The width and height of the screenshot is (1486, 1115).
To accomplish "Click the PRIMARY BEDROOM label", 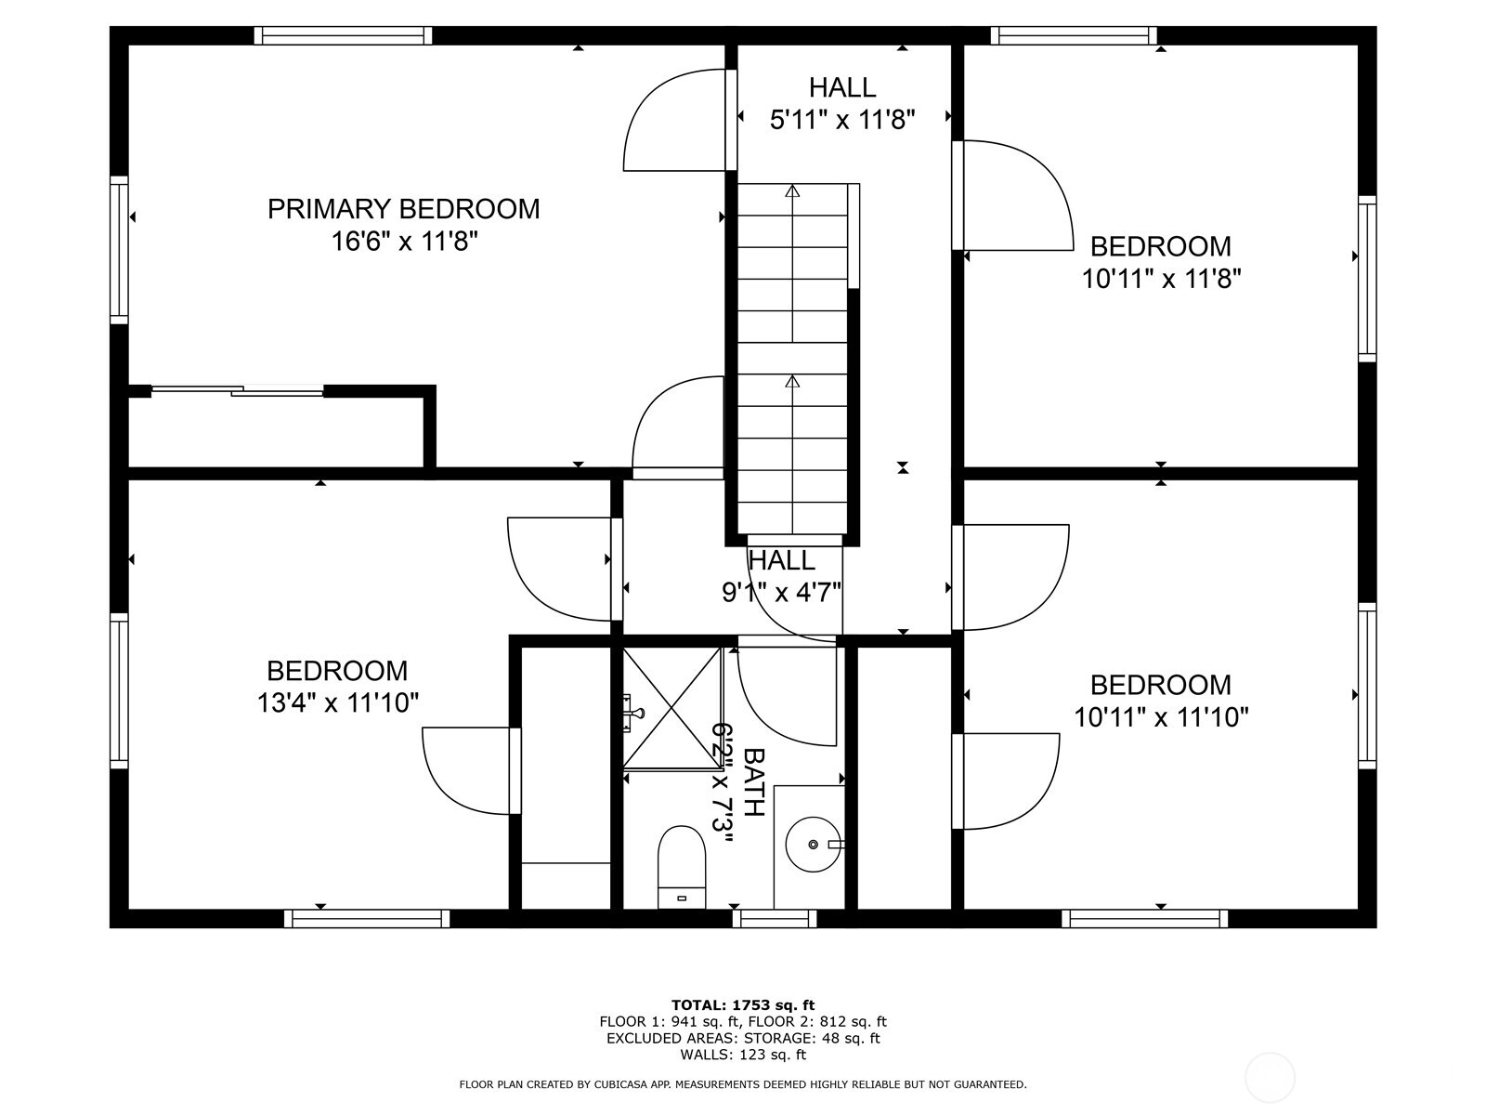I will [x=403, y=208].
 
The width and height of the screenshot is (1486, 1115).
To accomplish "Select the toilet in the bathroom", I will [x=682, y=866].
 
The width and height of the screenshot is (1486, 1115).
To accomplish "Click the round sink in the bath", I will [x=814, y=844].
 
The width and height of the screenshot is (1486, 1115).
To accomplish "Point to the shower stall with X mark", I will [x=671, y=708].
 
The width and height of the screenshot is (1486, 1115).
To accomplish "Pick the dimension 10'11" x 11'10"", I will [x=1161, y=717].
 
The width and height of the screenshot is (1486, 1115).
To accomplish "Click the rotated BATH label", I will [x=754, y=782].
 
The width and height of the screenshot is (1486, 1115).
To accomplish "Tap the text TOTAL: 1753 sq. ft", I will [x=743, y=1004].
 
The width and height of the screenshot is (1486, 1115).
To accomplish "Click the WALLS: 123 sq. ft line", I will [x=743, y=1055].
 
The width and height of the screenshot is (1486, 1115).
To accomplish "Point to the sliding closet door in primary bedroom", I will [x=237, y=391].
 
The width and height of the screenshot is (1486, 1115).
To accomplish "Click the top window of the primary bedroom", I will [x=343, y=35].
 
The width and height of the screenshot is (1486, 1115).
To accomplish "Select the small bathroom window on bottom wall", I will [x=774, y=919].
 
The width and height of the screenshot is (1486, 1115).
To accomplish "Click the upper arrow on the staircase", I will [x=792, y=191].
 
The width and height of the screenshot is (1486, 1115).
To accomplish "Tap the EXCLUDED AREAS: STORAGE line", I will [x=743, y=1038].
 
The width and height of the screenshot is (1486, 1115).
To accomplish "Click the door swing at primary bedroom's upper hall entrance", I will [x=673, y=121].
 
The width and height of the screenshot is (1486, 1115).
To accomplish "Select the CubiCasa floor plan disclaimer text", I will [x=743, y=1084].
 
